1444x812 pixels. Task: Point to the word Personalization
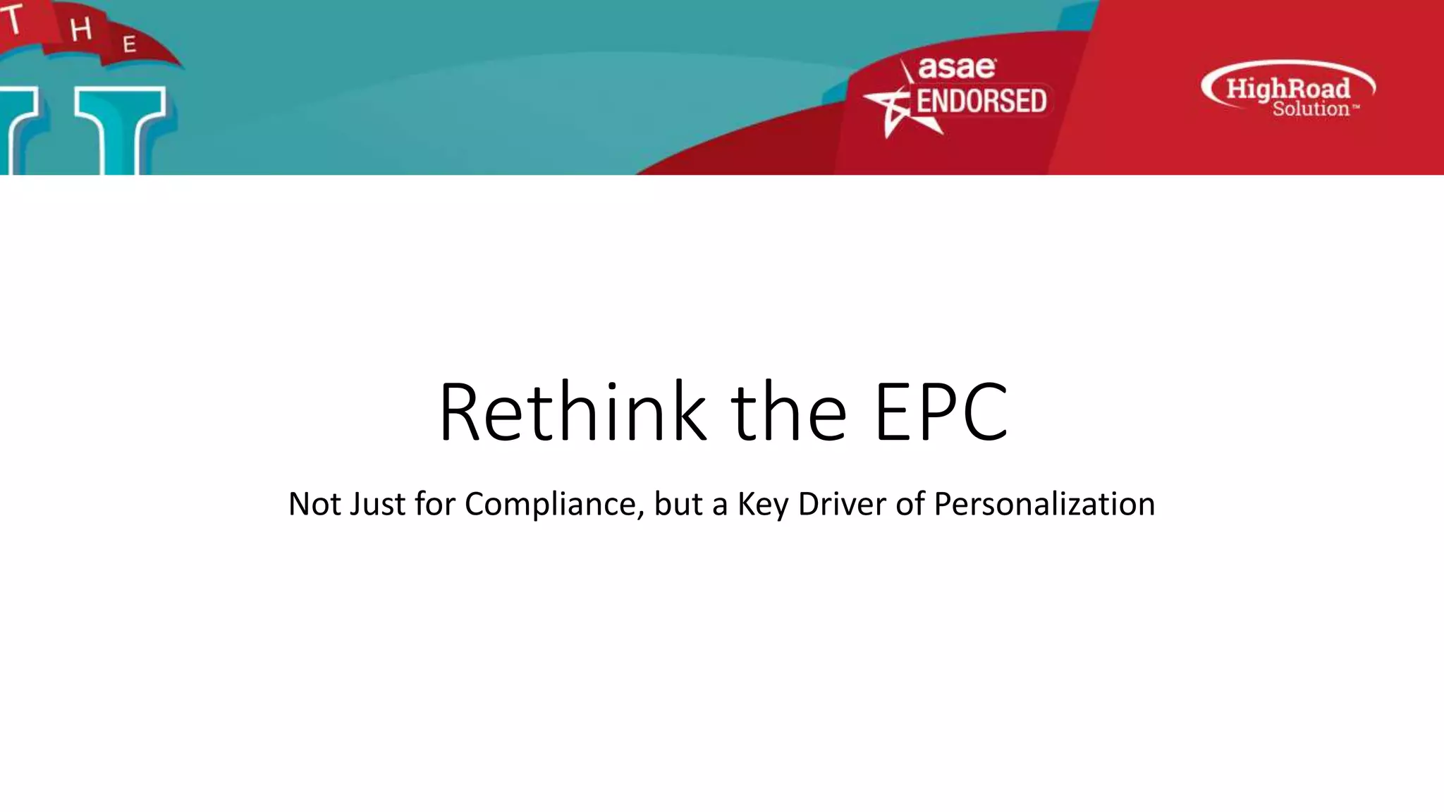pyautogui.click(x=1044, y=505)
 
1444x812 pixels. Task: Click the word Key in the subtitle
pyautogui.click(x=762, y=505)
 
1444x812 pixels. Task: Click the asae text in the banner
pyautogui.click(x=957, y=68)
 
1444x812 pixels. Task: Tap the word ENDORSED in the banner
pyautogui.click(x=981, y=101)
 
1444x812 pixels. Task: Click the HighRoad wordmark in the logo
pyautogui.click(x=1288, y=88)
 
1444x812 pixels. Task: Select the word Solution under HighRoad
pyautogui.click(x=1310, y=109)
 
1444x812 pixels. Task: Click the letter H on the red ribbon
pyautogui.click(x=81, y=29)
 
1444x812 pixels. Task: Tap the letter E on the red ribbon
pyautogui.click(x=129, y=45)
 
